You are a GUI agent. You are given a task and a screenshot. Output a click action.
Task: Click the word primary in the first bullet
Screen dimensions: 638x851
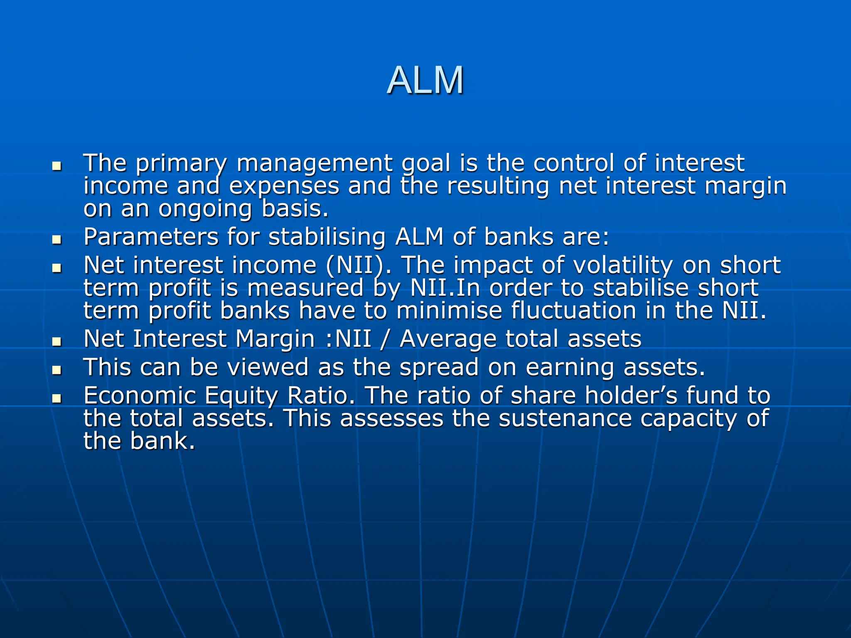(181, 164)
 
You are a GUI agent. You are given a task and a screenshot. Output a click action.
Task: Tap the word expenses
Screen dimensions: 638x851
(284, 186)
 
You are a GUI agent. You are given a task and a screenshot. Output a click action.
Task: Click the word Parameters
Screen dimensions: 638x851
(151, 237)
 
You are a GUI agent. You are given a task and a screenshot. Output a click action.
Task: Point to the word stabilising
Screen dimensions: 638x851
(327, 237)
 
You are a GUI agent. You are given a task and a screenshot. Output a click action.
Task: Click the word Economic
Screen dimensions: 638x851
(140, 395)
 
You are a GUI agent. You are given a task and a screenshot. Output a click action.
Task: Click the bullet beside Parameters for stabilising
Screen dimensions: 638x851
(57, 239)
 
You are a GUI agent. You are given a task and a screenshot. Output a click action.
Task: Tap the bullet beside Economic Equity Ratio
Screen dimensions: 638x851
(57, 398)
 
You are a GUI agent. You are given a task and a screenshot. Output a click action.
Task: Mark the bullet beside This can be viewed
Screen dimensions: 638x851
(57, 370)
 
